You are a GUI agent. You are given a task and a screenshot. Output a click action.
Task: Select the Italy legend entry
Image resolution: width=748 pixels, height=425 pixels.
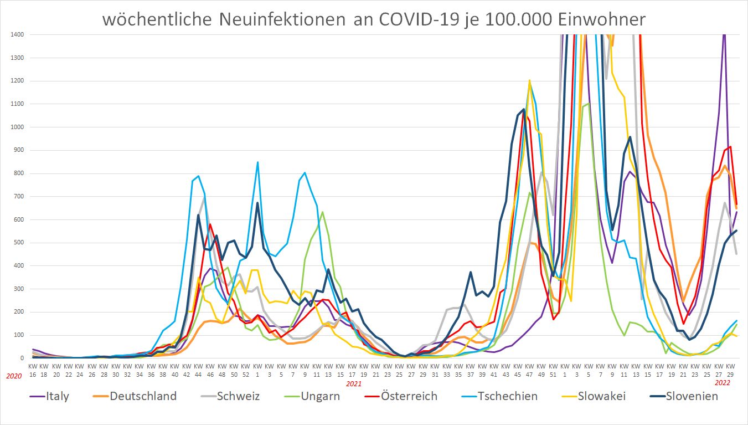pyautogui.click(x=56, y=396)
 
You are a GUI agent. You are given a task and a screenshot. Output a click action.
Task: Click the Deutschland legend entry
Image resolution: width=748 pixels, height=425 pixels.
pyautogui.click(x=143, y=396)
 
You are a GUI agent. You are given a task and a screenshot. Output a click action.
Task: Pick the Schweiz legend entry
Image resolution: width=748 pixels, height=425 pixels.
pyautogui.click(x=239, y=396)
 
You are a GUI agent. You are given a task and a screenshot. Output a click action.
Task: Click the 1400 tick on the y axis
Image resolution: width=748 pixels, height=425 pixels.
pyautogui.click(x=17, y=35)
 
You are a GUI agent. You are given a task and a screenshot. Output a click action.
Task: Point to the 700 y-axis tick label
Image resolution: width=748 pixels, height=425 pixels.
pyautogui.click(x=18, y=197)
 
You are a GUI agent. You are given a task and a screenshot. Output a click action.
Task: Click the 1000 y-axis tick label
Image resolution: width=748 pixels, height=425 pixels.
pyautogui.click(x=17, y=127)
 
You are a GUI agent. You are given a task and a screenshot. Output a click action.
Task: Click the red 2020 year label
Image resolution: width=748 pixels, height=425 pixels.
pyautogui.click(x=14, y=376)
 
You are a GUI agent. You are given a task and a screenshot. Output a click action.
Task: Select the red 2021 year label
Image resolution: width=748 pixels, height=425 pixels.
pyautogui.click(x=353, y=383)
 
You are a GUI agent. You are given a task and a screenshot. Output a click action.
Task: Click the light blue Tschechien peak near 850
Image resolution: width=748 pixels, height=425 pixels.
pyautogui.click(x=257, y=162)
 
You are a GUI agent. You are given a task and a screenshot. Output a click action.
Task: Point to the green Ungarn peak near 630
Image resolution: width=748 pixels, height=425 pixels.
pyautogui.click(x=322, y=212)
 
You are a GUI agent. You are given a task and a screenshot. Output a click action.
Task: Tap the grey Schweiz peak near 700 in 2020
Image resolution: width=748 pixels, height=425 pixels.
pyautogui.click(x=204, y=198)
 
